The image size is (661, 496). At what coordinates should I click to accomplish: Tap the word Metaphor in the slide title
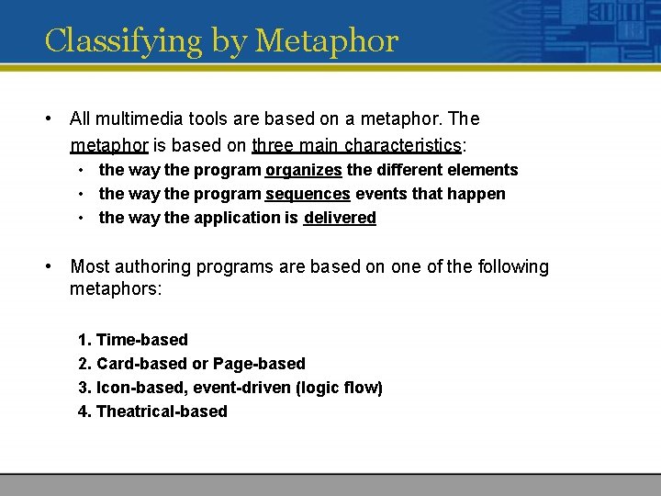coord(327,41)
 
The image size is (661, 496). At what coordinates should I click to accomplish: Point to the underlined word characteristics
coord(403,145)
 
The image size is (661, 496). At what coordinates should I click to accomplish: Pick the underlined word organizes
coord(304,170)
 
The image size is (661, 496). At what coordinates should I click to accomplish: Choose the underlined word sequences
coord(308,194)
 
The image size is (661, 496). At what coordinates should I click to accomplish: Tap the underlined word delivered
coord(340,218)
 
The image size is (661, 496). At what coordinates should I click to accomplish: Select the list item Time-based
coord(141,340)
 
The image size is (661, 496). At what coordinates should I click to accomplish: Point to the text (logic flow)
coord(339,388)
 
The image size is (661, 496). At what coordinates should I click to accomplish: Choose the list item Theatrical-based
coord(161,411)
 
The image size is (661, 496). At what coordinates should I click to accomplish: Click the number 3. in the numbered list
coord(84,388)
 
